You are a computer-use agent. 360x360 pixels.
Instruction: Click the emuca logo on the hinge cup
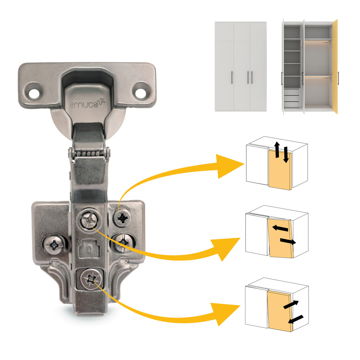[87, 104]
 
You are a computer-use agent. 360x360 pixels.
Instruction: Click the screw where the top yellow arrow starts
[122, 217]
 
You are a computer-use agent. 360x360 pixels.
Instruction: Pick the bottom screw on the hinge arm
[91, 279]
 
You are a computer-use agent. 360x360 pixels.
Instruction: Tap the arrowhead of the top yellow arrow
[230, 166]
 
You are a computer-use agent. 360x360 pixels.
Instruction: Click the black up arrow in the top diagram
[277, 149]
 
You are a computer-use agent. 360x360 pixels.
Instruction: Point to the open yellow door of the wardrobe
[335, 66]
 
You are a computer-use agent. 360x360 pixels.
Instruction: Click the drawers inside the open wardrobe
[292, 98]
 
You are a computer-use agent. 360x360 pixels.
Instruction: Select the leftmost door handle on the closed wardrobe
[232, 77]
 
